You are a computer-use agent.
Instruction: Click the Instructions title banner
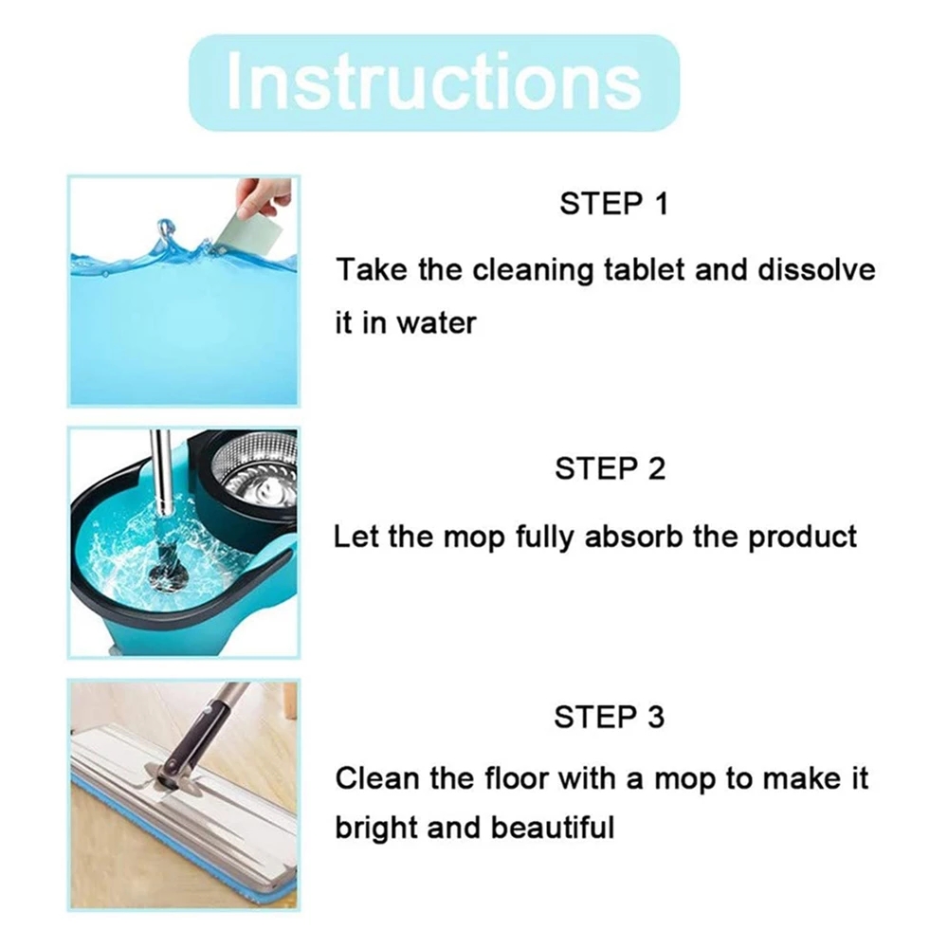[x=434, y=82]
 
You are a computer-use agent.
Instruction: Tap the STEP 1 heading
[x=613, y=204]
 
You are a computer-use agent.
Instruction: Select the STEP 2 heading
[x=610, y=469]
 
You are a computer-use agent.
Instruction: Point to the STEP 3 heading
[x=609, y=718]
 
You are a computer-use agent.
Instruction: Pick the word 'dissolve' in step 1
[x=816, y=269]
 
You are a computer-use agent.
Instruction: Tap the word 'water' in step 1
[x=436, y=323]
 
